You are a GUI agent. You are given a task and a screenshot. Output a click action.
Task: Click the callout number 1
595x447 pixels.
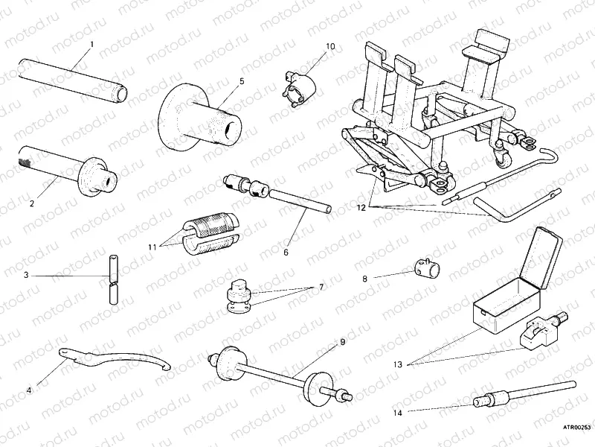click(x=91, y=44)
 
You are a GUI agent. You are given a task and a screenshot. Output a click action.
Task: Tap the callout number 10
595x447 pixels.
click(x=330, y=46)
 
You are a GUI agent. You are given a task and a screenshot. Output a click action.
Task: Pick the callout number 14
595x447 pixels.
click(x=398, y=411)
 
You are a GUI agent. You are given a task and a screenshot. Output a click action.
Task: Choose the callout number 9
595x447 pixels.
click(x=343, y=342)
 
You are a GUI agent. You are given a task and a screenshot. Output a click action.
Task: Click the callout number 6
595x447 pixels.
click(x=285, y=252)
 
